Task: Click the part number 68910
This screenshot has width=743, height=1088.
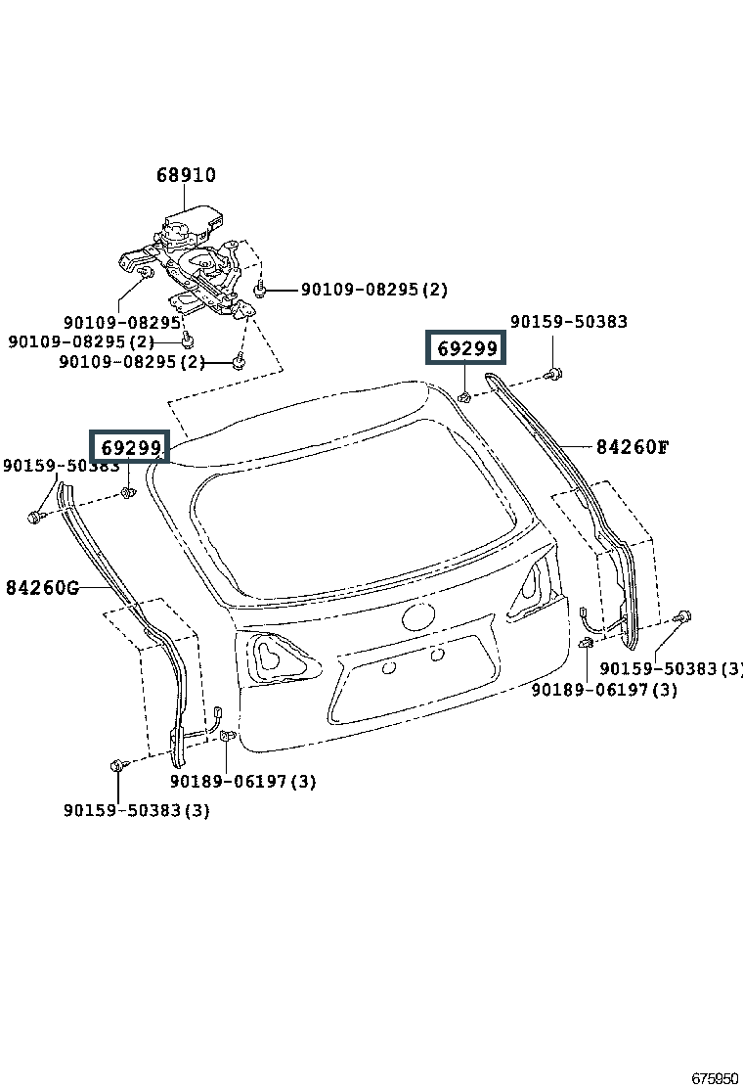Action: (x=186, y=175)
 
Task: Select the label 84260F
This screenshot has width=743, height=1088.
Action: (x=633, y=447)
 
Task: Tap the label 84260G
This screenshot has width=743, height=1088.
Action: (x=42, y=588)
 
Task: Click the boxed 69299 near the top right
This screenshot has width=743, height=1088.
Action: (x=466, y=347)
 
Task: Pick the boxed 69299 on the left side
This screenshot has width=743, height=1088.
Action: (x=130, y=447)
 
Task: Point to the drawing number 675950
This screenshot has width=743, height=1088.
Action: (x=716, y=1078)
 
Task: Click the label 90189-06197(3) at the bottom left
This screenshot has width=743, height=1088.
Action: (x=242, y=782)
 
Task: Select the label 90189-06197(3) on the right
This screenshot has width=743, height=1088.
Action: (x=604, y=690)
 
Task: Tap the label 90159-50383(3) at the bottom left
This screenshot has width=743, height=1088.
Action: (x=137, y=810)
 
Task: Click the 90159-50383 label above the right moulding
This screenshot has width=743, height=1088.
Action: (x=569, y=321)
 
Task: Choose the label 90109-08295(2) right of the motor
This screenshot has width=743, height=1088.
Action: (x=374, y=290)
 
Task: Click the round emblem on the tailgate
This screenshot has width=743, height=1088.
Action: (x=419, y=616)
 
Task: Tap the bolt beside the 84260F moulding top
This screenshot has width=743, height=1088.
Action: (x=553, y=374)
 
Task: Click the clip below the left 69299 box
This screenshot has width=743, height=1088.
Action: (x=128, y=493)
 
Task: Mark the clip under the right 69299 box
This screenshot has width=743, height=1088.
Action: (x=465, y=397)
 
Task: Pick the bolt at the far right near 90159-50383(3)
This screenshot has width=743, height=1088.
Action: (x=684, y=616)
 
